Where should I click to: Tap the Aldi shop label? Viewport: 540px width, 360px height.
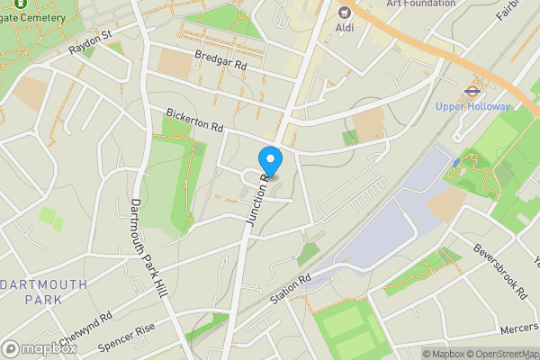coord(344,28)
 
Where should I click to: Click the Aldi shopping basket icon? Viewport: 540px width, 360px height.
coord(344,12)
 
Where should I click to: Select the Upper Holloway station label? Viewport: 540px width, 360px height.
coord(472,106)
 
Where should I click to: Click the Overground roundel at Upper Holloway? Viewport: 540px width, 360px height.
coord(472,90)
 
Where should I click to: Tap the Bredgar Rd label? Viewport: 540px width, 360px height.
coord(220,60)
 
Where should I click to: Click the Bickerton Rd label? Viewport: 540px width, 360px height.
coord(193,121)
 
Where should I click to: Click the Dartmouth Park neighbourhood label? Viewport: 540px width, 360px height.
coord(44,292)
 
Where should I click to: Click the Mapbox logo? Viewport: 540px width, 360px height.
coord(38,348)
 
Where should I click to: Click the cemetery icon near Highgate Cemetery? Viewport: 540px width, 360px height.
coord(20,4)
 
